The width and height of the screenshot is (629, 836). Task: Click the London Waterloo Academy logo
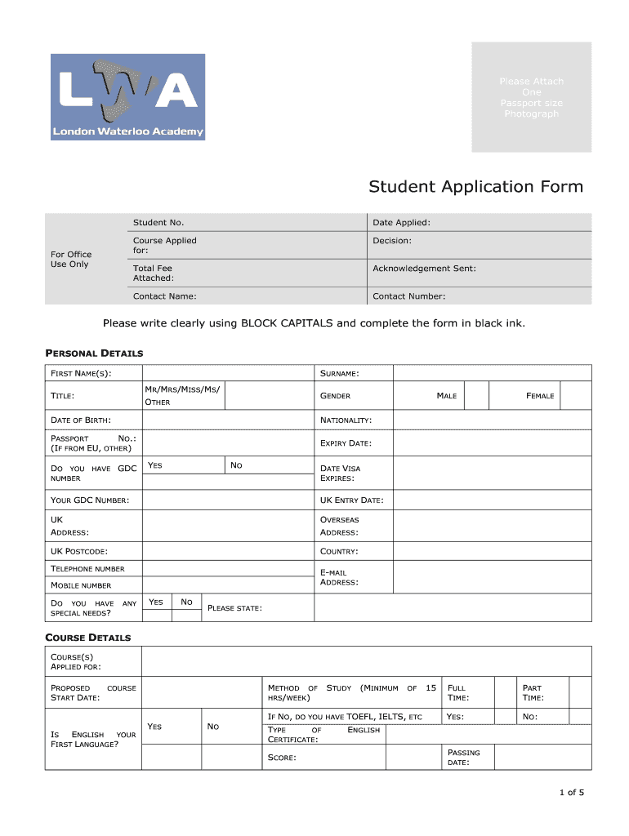pos(127,97)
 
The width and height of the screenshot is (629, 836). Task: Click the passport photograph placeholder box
pos(531,97)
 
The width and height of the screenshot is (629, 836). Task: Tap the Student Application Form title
pos(475,187)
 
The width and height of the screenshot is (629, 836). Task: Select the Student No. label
pos(158,223)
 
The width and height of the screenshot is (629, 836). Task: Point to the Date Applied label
pos(401,223)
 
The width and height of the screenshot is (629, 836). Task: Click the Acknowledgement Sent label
pos(424,269)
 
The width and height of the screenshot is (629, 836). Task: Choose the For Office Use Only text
pos(71,260)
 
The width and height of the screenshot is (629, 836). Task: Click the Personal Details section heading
pos(93,354)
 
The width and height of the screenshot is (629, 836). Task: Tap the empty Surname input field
pos(492,373)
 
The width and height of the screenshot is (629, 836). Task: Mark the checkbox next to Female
pos(576,396)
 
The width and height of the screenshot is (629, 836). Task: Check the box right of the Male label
pos(475,396)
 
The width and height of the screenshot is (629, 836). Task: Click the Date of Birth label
pos(81,420)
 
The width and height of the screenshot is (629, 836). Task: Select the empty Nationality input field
pos(492,420)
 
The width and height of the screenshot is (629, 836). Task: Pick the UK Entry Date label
pos(351,500)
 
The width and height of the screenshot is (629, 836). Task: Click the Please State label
pos(235,608)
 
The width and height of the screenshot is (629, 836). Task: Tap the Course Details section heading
pos(87,638)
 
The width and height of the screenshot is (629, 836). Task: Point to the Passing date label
pos(464,758)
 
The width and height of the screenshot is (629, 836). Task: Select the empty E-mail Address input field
pos(492,577)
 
